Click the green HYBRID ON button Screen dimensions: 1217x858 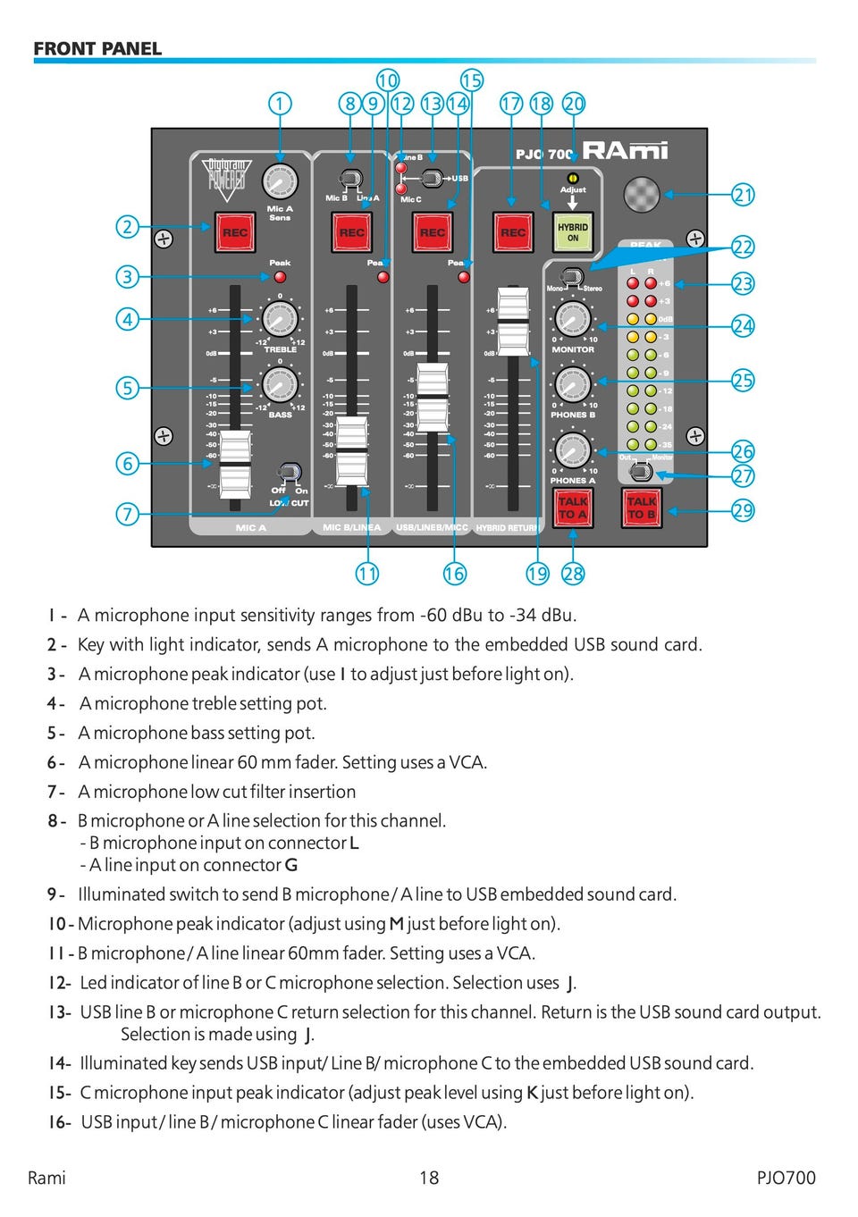coord(572,232)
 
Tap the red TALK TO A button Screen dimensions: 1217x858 coord(572,508)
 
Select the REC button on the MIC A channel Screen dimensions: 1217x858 coord(234,232)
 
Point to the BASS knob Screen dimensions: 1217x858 coord(280,386)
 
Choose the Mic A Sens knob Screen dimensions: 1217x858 coord(280,181)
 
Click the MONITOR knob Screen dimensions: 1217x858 coord(572,319)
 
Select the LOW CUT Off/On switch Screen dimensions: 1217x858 coord(289,474)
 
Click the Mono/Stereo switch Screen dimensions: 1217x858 coord(572,276)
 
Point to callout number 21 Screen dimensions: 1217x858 coord(743,194)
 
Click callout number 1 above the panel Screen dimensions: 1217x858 coord(280,104)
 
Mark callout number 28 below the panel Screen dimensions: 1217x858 coord(573,574)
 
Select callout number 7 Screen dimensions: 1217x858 coord(128,514)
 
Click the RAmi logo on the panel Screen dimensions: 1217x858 coord(626,151)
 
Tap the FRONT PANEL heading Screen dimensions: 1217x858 coord(97,49)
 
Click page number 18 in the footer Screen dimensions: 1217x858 coord(429,1178)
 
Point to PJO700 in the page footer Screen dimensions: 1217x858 coord(786,1178)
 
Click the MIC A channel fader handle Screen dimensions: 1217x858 coord(236,463)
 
